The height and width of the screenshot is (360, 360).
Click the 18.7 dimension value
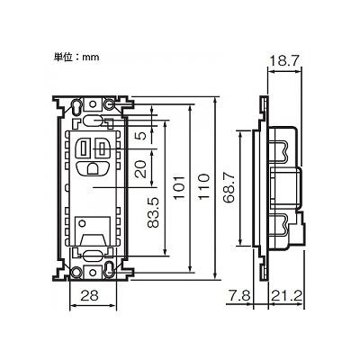283,61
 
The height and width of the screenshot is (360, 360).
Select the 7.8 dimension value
239,296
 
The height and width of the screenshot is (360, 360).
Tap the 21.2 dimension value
287,296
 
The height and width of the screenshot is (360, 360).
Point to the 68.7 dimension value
229,188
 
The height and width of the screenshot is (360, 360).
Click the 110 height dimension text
204,187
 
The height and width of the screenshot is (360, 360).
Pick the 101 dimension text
179,187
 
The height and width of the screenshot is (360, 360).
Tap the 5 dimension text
142,135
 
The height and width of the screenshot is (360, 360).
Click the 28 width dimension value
90,296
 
